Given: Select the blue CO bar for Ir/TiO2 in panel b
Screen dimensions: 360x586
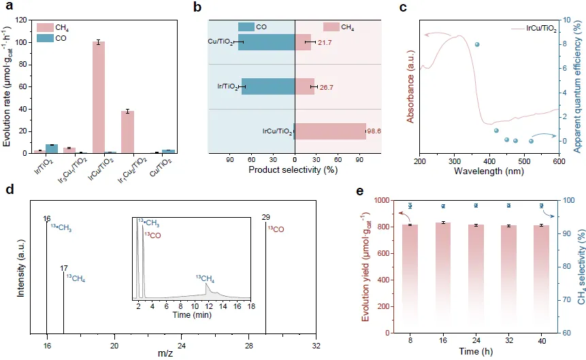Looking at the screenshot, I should coord(268,86).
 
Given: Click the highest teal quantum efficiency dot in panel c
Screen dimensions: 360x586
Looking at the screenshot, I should coord(477,44).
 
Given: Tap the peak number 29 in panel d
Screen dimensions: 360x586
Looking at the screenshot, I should coord(265,218).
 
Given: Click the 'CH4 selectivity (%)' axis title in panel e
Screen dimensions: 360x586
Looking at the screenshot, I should coord(580,266).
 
